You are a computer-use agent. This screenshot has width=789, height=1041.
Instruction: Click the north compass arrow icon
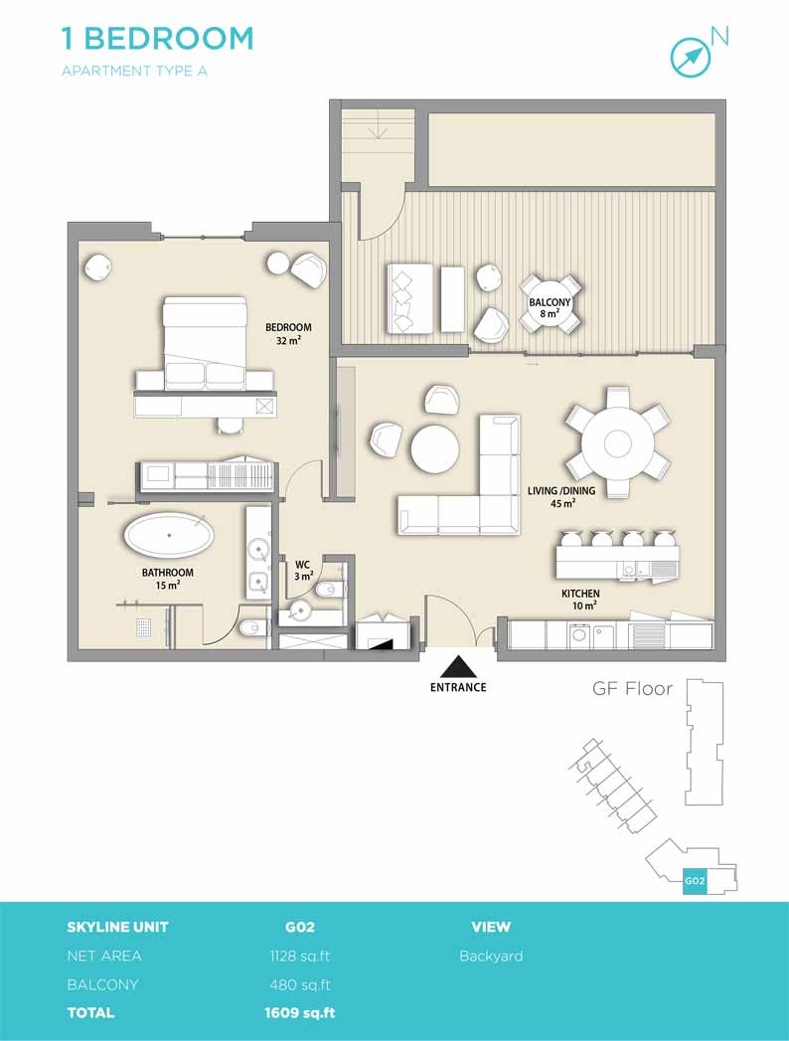tap(690, 56)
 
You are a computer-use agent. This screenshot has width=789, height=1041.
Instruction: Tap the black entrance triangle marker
tap(458, 666)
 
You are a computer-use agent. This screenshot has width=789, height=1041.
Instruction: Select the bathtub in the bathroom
tap(170, 536)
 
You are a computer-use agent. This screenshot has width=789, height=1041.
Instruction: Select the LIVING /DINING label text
tap(561, 490)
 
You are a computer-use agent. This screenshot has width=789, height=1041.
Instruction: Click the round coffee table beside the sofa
tap(434, 449)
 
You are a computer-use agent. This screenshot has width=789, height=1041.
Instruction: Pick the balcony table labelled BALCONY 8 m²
tap(550, 303)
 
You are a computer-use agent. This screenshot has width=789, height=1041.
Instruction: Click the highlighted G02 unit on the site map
tap(695, 881)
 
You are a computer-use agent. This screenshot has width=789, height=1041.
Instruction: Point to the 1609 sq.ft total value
tap(300, 1012)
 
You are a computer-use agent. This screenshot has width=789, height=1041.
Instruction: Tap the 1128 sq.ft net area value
tap(299, 956)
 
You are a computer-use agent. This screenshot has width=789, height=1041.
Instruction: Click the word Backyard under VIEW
tap(491, 956)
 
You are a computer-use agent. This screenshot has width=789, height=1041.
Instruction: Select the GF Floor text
tap(632, 688)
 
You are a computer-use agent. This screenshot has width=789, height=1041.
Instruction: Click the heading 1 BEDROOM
tap(157, 39)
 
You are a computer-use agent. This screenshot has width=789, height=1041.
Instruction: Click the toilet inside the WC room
tap(329, 589)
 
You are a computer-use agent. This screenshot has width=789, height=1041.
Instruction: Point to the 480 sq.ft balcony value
tap(300, 984)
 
